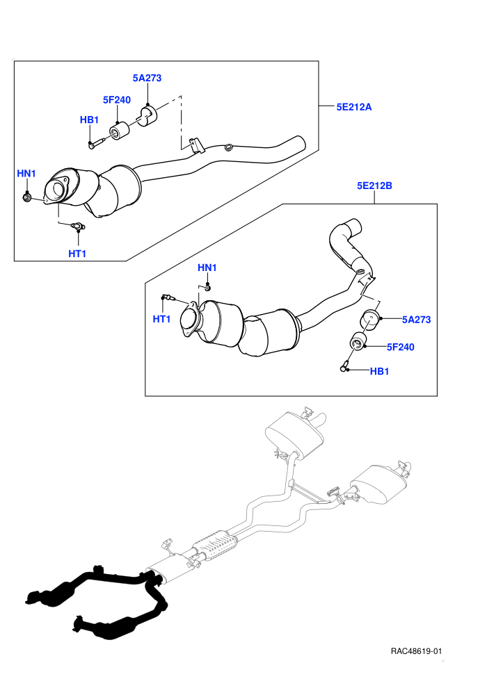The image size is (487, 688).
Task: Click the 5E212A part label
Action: pos(353,107)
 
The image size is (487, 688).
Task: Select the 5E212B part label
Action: pos(374,186)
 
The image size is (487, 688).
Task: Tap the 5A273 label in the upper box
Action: pos(147,78)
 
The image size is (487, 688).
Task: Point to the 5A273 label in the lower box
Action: pos(416,320)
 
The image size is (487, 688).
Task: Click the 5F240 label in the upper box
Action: pos(117,100)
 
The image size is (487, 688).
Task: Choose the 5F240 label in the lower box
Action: pos(401,347)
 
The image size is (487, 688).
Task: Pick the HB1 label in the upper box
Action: pos(89,120)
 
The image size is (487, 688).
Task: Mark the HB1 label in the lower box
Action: pos(379,371)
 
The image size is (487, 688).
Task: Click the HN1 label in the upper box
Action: pos(26,173)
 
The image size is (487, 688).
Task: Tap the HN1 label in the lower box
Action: pos(207,268)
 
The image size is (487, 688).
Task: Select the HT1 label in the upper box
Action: pos(77,254)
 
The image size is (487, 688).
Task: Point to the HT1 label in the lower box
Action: pos(161,319)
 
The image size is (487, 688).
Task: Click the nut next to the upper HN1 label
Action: pos(27,198)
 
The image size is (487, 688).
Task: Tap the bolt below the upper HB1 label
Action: pos(97,142)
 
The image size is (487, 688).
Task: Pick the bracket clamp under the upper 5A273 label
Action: pos(147,115)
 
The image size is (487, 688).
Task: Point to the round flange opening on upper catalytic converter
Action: pos(58,191)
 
